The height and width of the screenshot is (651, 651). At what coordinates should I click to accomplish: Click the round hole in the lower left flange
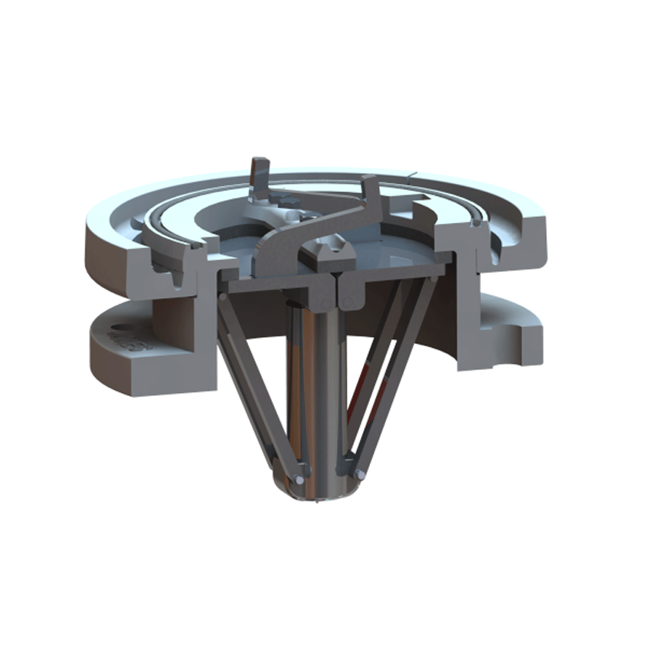coord(116,336)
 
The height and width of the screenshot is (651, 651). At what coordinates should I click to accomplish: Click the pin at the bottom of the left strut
coord(296,480)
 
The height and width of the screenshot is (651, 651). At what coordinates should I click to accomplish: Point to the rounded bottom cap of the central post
coord(322,498)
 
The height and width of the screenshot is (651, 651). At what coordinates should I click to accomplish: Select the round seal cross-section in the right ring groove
coord(476,223)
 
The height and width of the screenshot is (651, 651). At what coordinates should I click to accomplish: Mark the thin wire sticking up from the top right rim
coord(414,175)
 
